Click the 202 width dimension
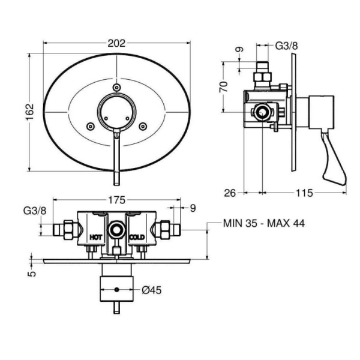pos(116,43)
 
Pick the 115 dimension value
pos(304,193)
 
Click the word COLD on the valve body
pos(137,237)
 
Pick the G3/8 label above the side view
pos(285,46)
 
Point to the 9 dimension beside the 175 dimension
pos(193,209)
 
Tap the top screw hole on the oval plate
pos(116,89)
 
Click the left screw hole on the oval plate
pos(90,126)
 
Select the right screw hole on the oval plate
pos(143,126)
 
